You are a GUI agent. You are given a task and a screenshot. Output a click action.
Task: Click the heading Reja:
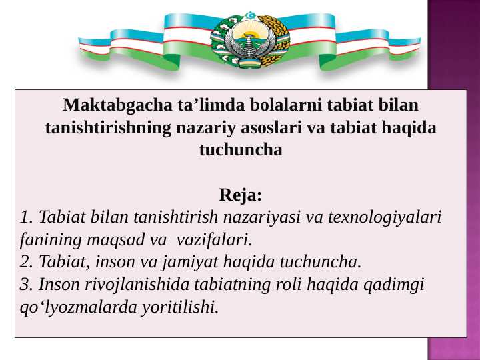241,196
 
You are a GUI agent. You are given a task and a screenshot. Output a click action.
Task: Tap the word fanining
49,239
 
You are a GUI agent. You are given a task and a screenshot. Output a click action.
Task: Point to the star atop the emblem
250,14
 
